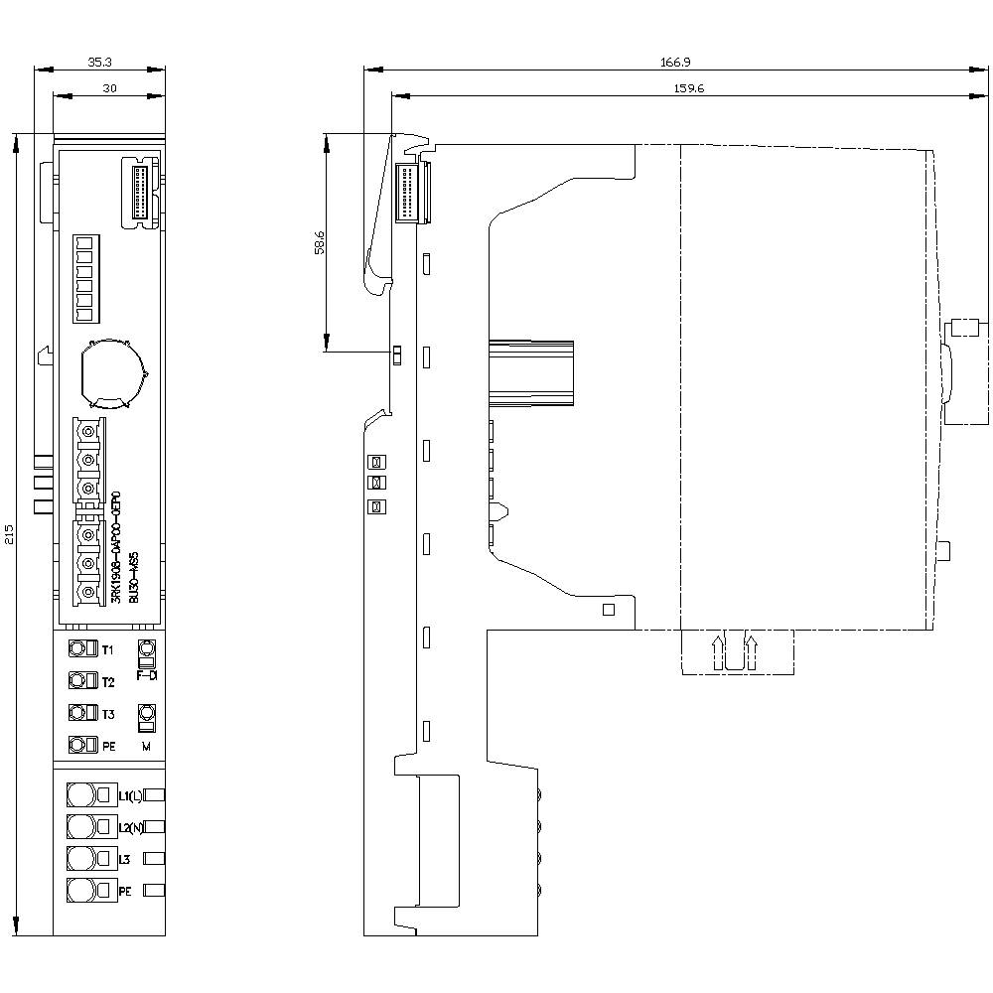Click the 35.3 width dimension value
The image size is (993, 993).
(99, 62)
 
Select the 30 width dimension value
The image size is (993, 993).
(109, 88)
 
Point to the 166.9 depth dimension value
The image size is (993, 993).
(675, 62)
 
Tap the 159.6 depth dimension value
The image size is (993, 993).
(681, 88)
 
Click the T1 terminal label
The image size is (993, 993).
(108, 649)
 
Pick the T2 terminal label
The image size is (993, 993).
(108, 682)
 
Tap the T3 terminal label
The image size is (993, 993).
(108, 714)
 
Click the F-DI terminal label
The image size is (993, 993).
(147, 675)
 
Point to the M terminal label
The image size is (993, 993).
(147, 745)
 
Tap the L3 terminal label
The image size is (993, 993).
(125, 859)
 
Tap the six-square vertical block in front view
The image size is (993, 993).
(84, 278)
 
